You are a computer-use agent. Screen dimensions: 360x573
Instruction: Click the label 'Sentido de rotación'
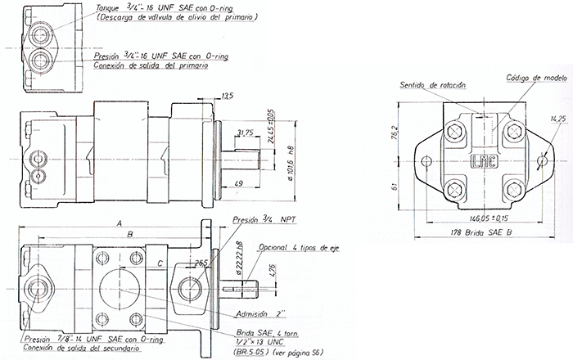[431, 85]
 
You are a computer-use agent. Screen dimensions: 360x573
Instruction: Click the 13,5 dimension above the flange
[228, 97]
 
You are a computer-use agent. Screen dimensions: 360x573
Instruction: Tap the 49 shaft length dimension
[237, 182]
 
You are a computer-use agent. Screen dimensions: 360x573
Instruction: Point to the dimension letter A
[119, 223]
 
